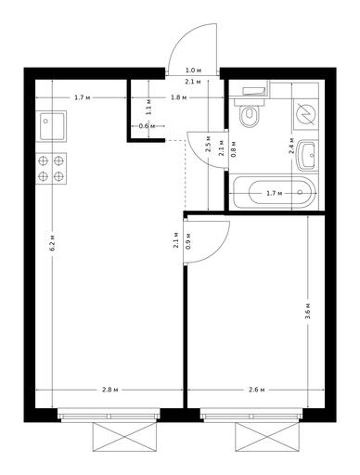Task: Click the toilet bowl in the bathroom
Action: click(249, 116)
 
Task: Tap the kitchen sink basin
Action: click(52, 125)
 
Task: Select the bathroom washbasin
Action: click(306, 155)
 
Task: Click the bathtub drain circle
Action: click(300, 192)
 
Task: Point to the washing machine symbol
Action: click(305, 114)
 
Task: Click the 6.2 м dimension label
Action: click(53, 242)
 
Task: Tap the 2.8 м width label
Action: click(110, 390)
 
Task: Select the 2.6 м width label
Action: click(257, 390)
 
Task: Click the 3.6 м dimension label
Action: click(308, 313)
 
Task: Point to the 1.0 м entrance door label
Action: click(193, 71)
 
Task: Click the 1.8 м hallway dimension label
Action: click(179, 98)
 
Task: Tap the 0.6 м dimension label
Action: click(147, 126)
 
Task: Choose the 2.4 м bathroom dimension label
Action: click(291, 148)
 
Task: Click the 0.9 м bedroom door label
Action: click(188, 240)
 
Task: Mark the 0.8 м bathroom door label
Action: click(234, 149)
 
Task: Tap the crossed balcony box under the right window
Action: click(267, 438)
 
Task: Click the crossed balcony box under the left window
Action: click(124, 438)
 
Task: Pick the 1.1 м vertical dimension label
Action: click(148, 107)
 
